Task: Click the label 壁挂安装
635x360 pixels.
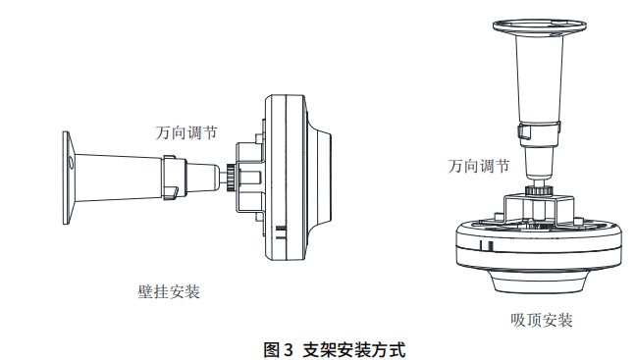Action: point(169,291)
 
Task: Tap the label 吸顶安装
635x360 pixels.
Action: point(542,321)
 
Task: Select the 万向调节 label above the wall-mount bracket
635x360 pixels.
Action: point(186,132)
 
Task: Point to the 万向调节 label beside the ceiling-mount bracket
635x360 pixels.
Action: point(479,166)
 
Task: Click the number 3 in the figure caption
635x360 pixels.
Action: point(288,349)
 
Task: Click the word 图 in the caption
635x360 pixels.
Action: point(272,349)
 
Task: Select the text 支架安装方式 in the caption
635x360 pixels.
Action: point(354,349)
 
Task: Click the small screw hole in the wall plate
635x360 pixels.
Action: point(72,163)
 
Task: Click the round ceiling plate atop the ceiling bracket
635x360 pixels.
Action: point(540,26)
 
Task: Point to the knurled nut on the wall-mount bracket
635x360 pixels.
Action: point(230,177)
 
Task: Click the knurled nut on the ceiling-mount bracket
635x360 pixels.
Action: point(539,190)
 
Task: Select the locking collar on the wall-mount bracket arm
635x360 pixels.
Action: point(174,177)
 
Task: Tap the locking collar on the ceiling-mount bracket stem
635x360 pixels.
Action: point(540,132)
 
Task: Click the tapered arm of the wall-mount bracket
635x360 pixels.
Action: point(119,177)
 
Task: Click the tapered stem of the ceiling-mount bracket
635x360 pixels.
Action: point(540,77)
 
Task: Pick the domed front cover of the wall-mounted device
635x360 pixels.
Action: point(319,177)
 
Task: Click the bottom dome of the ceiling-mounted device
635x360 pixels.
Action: point(539,281)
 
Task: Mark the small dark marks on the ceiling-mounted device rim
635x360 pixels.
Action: point(486,246)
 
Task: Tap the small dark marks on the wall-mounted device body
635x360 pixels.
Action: point(282,232)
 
